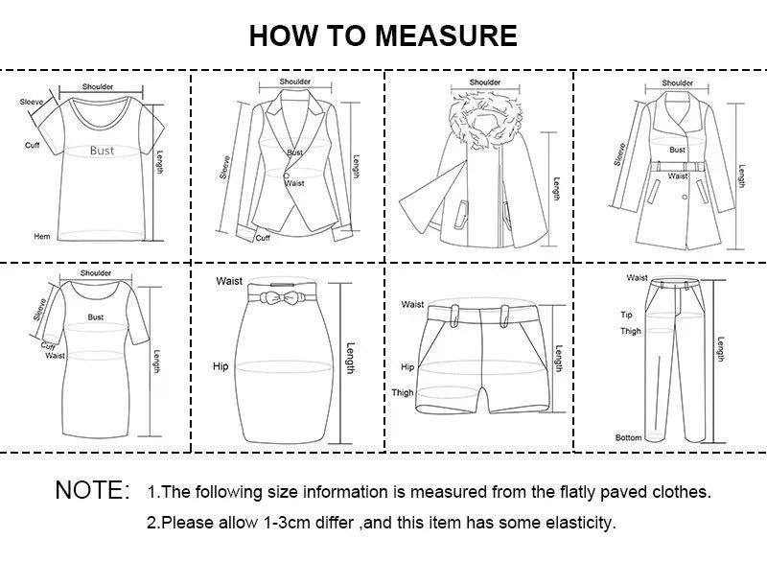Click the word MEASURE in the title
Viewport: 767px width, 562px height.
[x=446, y=36]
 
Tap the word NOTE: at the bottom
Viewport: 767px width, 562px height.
[x=93, y=491]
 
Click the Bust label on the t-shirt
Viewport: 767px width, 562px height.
[x=102, y=151]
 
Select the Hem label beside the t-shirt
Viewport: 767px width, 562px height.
[x=42, y=236]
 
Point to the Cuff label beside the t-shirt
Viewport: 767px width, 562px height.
[x=32, y=145]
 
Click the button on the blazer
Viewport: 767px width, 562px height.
[x=286, y=174]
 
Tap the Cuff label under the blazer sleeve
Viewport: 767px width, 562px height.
[x=263, y=238]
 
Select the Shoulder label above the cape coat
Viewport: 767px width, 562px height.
[x=485, y=82]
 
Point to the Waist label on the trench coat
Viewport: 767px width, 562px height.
[x=678, y=176]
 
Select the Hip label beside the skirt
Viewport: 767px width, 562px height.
[x=221, y=366]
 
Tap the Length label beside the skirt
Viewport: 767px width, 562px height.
[x=350, y=359]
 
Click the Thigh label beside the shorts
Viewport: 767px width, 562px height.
[x=402, y=392]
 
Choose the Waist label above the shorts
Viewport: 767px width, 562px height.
[x=412, y=305]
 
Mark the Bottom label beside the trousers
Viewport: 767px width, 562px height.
[x=628, y=437]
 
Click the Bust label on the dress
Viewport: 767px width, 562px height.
[x=96, y=316]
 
